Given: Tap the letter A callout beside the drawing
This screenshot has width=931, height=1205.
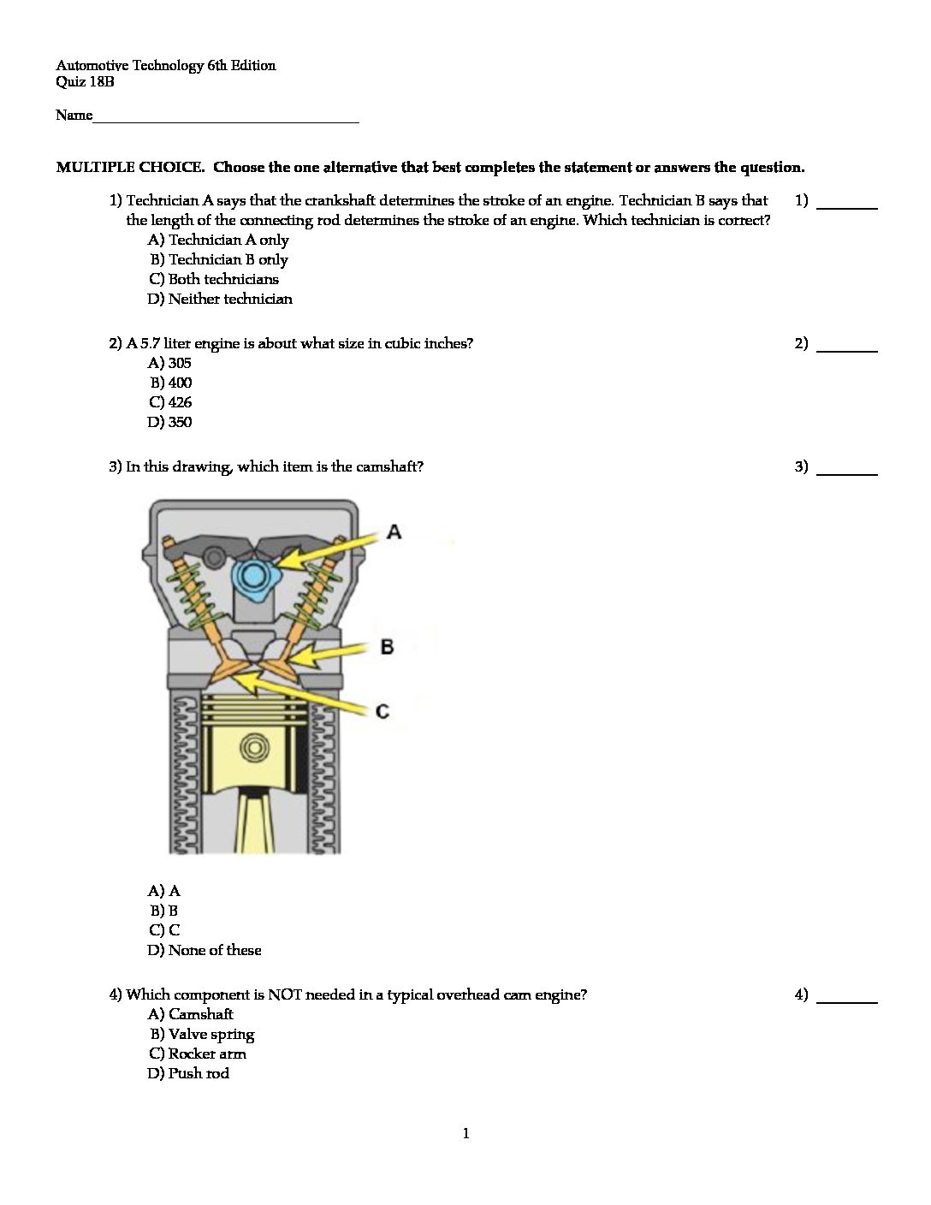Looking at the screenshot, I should point(394,532).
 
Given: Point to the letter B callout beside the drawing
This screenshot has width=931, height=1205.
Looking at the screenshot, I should point(387,646).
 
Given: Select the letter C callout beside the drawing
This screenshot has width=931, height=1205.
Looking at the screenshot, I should point(382,711).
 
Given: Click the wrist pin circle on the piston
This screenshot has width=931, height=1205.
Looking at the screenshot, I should point(252,748).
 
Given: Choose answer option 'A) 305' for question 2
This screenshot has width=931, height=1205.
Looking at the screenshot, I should point(169,363).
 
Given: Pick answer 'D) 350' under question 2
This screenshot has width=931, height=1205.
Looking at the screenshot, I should point(169,422).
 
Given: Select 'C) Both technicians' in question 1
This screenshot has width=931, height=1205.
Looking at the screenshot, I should point(213,279).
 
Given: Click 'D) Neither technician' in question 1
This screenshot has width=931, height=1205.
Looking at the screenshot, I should point(220,299).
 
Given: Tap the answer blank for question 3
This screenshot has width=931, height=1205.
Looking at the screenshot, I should point(847,470).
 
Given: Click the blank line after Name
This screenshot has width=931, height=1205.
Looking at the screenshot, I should point(226,118).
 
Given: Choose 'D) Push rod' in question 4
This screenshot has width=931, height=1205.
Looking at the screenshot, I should point(188,1073).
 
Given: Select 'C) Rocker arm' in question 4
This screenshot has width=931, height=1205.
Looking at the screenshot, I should point(197,1054).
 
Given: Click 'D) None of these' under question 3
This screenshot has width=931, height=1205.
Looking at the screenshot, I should point(205,950).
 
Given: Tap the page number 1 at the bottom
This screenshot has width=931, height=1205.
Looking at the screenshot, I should point(465,1134).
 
